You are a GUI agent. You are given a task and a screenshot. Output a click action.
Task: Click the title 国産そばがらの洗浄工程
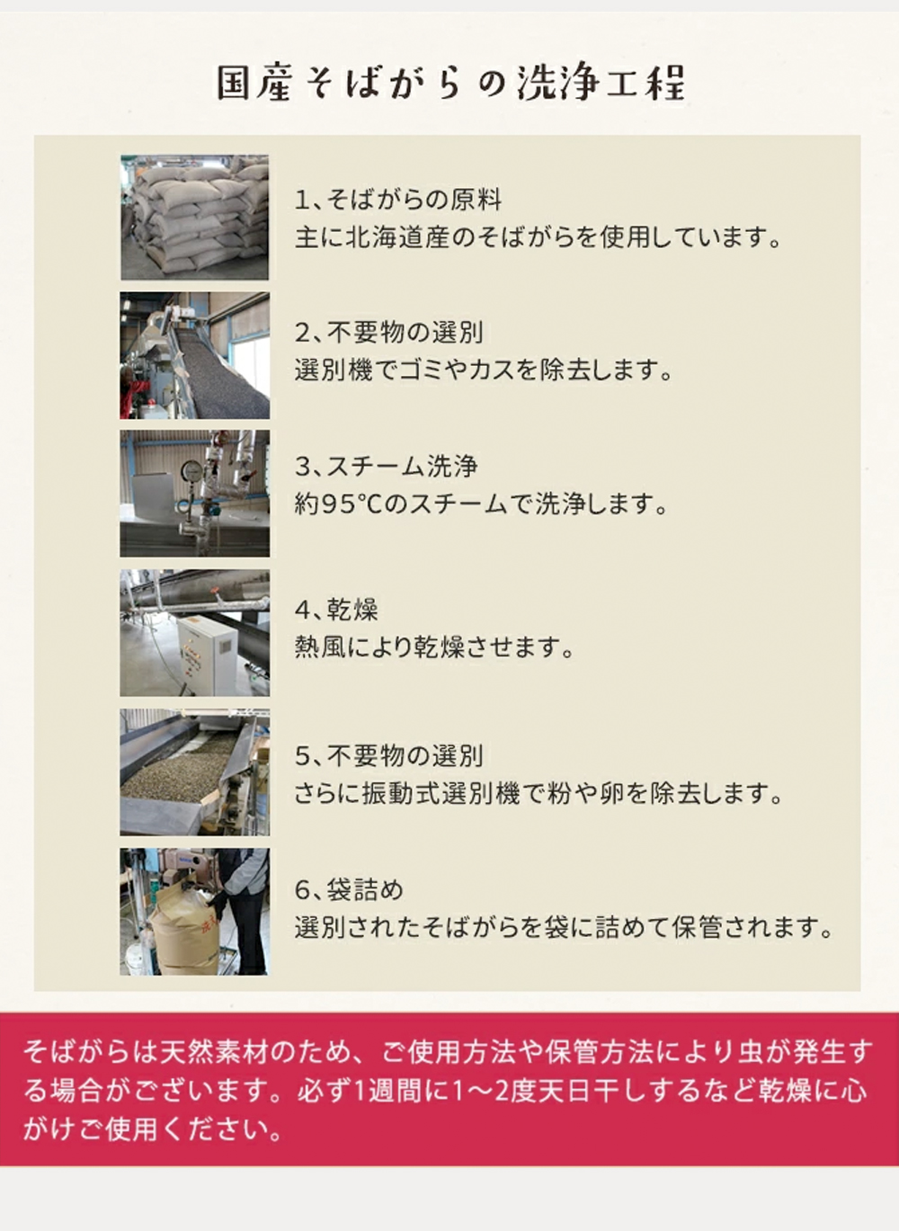450,84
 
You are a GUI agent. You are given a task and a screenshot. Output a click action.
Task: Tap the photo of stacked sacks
194,217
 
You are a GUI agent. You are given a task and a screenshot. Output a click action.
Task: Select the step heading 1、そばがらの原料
398,200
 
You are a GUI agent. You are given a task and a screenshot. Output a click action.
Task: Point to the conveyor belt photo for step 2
194,355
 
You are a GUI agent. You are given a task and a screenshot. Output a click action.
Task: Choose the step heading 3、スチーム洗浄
386,467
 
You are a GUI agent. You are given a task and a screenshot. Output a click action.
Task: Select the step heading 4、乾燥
336,610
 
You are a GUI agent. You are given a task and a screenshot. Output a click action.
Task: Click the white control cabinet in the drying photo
207,654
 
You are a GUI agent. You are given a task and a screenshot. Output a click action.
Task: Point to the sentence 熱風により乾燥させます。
434,647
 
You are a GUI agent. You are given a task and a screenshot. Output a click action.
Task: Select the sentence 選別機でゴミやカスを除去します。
484,371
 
